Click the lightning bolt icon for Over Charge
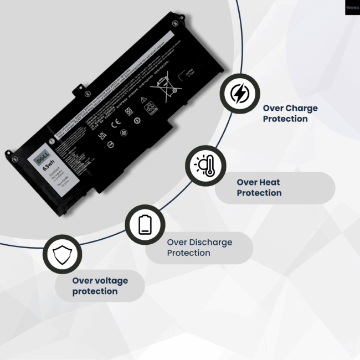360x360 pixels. (239, 94)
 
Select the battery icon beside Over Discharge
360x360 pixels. (145, 224)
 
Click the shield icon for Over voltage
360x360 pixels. (61, 255)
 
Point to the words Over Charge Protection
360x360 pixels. (290, 114)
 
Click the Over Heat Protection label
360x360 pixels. (259, 188)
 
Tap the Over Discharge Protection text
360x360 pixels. (199, 248)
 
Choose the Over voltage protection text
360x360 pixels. (100, 286)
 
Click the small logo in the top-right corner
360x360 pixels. (352, 7)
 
